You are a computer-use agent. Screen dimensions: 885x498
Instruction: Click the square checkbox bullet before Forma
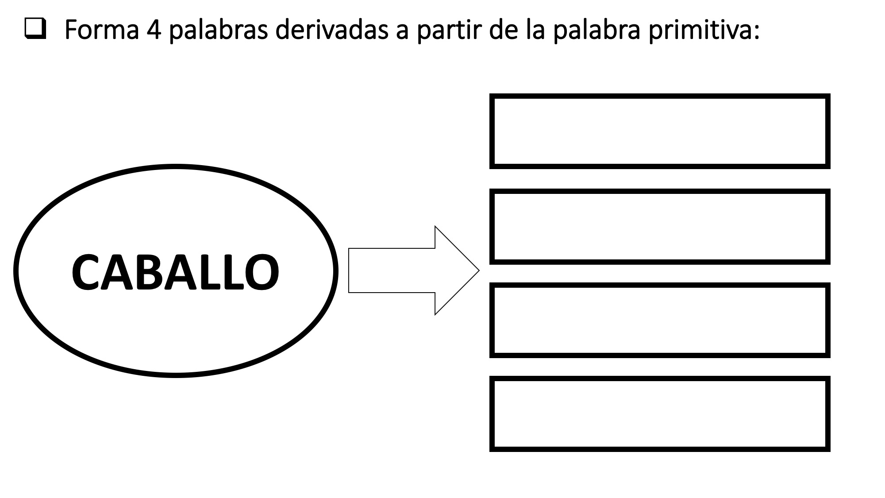[36, 30]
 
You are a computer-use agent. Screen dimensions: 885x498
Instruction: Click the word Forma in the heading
[101, 30]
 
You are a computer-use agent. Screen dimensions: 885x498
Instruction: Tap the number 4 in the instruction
[153, 30]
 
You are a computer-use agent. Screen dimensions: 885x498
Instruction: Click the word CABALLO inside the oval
[175, 272]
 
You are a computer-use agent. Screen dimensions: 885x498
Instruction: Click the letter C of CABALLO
[86, 272]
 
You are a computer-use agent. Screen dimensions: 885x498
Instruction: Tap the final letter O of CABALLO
[262, 272]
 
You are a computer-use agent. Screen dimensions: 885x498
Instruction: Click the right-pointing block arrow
[414, 270]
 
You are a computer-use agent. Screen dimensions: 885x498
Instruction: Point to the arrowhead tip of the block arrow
[479, 270]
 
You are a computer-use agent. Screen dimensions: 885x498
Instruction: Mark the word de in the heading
[504, 29]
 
